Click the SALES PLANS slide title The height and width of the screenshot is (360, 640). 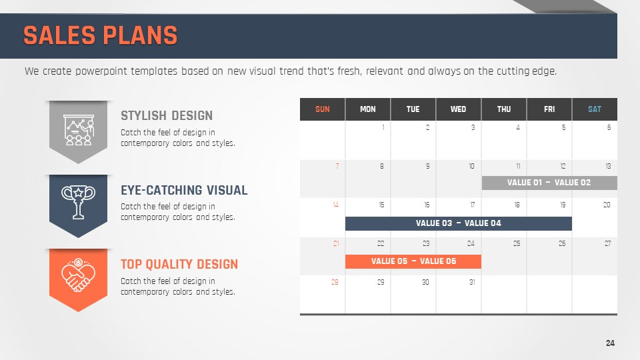101,35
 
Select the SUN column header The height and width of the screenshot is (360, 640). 323,109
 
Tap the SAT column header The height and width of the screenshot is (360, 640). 595,109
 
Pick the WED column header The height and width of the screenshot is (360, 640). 459,109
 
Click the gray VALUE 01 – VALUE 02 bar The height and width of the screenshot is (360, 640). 549,183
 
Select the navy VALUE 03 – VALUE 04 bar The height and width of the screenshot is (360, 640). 459,223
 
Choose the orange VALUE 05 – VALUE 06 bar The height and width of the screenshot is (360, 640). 413,261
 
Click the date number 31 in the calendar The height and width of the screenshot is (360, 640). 472,282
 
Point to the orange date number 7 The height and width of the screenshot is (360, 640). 337,166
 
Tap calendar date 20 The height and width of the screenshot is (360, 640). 607,205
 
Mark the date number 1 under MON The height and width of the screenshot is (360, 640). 383,127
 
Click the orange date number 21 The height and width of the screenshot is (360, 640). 336,244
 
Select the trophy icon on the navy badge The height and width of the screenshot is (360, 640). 79,201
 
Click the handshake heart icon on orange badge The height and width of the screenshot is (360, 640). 79,275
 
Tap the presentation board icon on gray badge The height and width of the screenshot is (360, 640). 79,130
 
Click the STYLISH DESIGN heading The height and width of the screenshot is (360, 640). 167,115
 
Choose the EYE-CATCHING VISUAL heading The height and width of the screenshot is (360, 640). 184,190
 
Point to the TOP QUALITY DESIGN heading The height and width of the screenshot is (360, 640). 179,264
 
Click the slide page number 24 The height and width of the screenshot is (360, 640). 610,343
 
